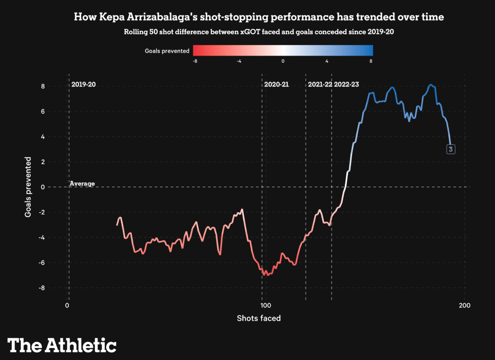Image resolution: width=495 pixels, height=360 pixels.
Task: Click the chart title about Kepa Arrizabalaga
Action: pos(259,17)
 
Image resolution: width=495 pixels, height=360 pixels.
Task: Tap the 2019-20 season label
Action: pos(84,85)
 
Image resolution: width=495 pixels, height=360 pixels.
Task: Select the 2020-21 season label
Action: pos(277,85)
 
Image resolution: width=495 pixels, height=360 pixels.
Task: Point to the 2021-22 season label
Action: pos(320,85)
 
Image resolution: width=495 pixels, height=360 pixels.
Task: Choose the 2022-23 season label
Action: pos(347,85)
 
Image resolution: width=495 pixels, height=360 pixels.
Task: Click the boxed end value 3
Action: pos(451,149)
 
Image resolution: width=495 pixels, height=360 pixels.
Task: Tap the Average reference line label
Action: pos(82,184)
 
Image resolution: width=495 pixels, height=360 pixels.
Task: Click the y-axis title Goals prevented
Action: pos(29,187)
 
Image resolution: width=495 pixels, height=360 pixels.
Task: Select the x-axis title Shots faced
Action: pos(259,318)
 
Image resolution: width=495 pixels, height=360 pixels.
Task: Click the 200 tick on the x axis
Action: pos(465,305)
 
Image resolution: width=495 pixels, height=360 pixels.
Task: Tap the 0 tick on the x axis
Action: pos(67,305)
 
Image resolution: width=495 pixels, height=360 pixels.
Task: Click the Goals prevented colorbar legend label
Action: pos(167,51)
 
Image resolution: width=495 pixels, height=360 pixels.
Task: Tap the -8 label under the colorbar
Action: pos(194,61)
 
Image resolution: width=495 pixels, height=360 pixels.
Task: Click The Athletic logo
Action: pos(62,345)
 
